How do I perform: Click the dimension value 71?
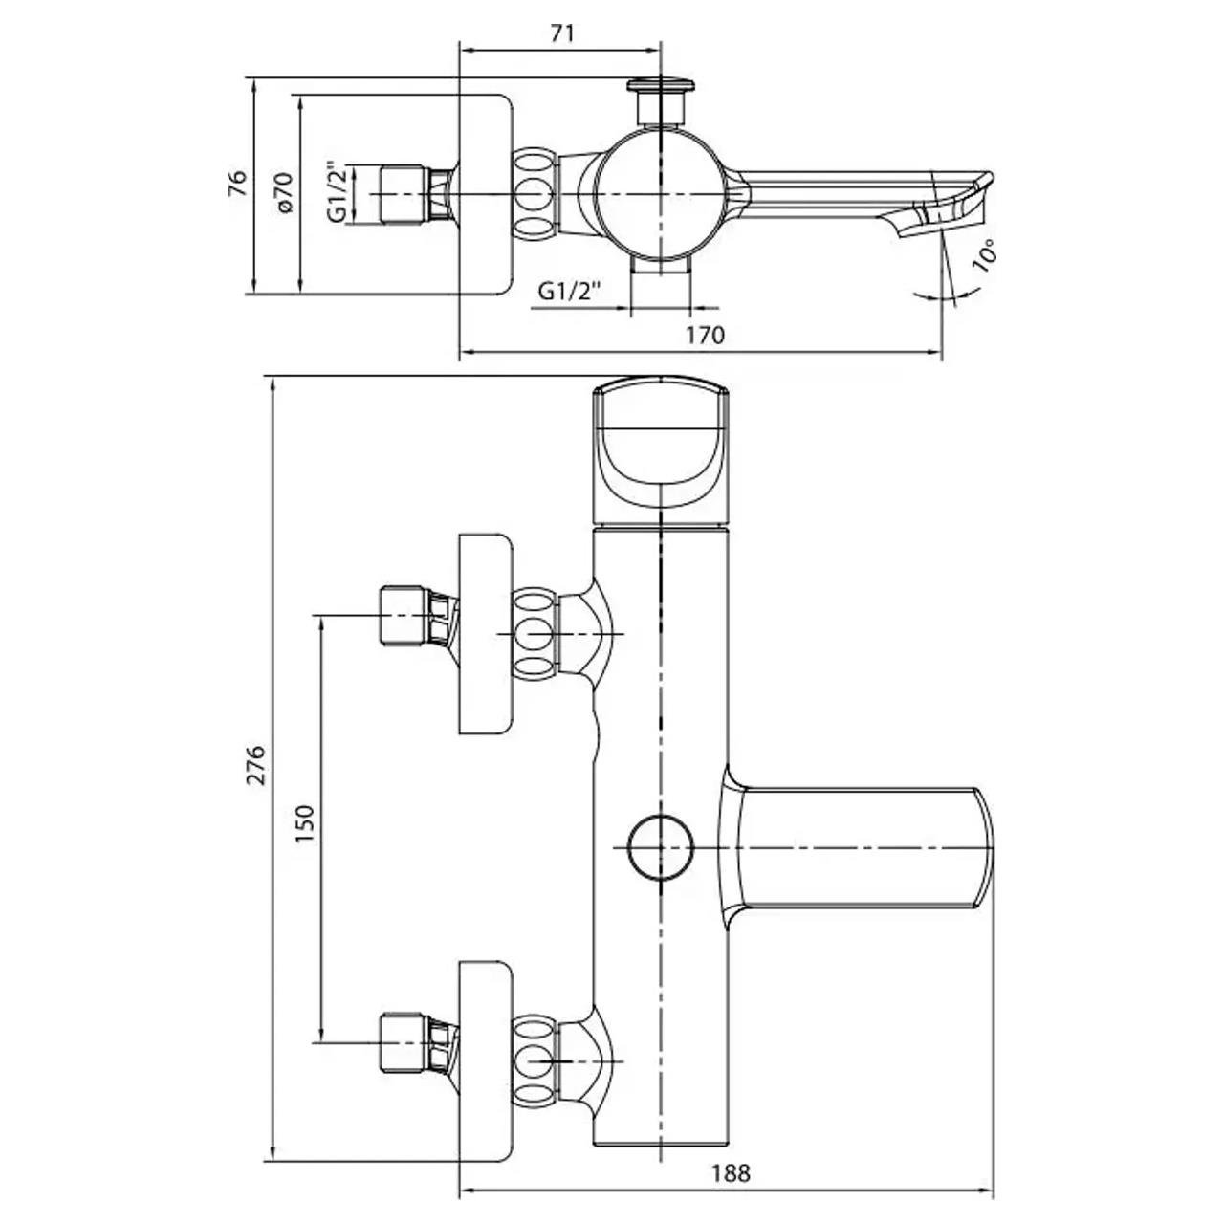coord(561,33)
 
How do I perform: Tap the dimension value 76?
coord(237,184)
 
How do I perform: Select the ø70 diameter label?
coord(284,192)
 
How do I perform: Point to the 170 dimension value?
coord(705,335)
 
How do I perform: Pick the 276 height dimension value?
coord(256,765)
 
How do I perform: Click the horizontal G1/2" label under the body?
coord(569,292)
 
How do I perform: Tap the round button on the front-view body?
coord(661,847)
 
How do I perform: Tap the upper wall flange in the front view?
coord(485,634)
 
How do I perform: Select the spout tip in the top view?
coord(939,208)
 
